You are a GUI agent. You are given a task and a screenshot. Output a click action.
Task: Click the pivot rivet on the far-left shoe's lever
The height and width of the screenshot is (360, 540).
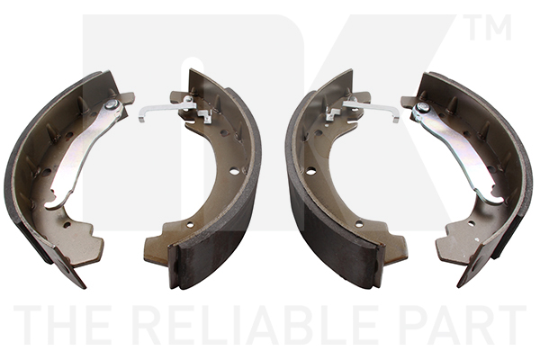[110, 103]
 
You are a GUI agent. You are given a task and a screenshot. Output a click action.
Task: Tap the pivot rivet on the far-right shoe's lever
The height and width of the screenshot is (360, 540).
[421, 107]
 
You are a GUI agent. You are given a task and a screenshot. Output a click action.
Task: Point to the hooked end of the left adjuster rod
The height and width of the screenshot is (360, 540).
[141, 115]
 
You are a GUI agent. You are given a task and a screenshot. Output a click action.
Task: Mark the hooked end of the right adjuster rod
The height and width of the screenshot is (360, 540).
[396, 116]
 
